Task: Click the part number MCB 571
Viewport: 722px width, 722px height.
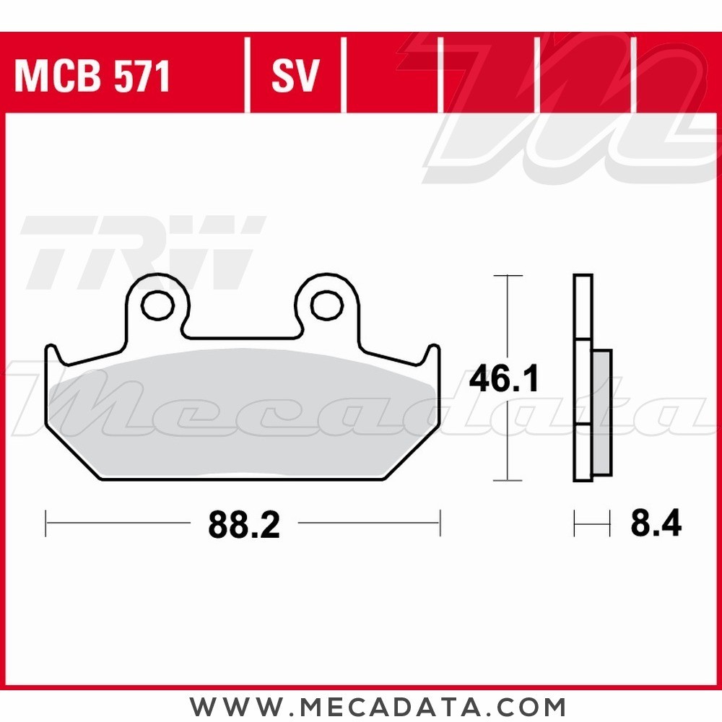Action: (x=92, y=76)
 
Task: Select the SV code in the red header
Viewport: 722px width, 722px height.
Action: (x=295, y=76)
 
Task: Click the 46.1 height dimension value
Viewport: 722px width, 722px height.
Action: (x=503, y=379)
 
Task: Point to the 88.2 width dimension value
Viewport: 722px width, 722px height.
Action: (x=243, y=525)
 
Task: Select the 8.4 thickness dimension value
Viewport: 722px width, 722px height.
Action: (x=656, y=524)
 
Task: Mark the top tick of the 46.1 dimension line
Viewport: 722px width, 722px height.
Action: (x=510, y=276)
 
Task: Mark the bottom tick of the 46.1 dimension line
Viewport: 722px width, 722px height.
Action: (x=510, y=481)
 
